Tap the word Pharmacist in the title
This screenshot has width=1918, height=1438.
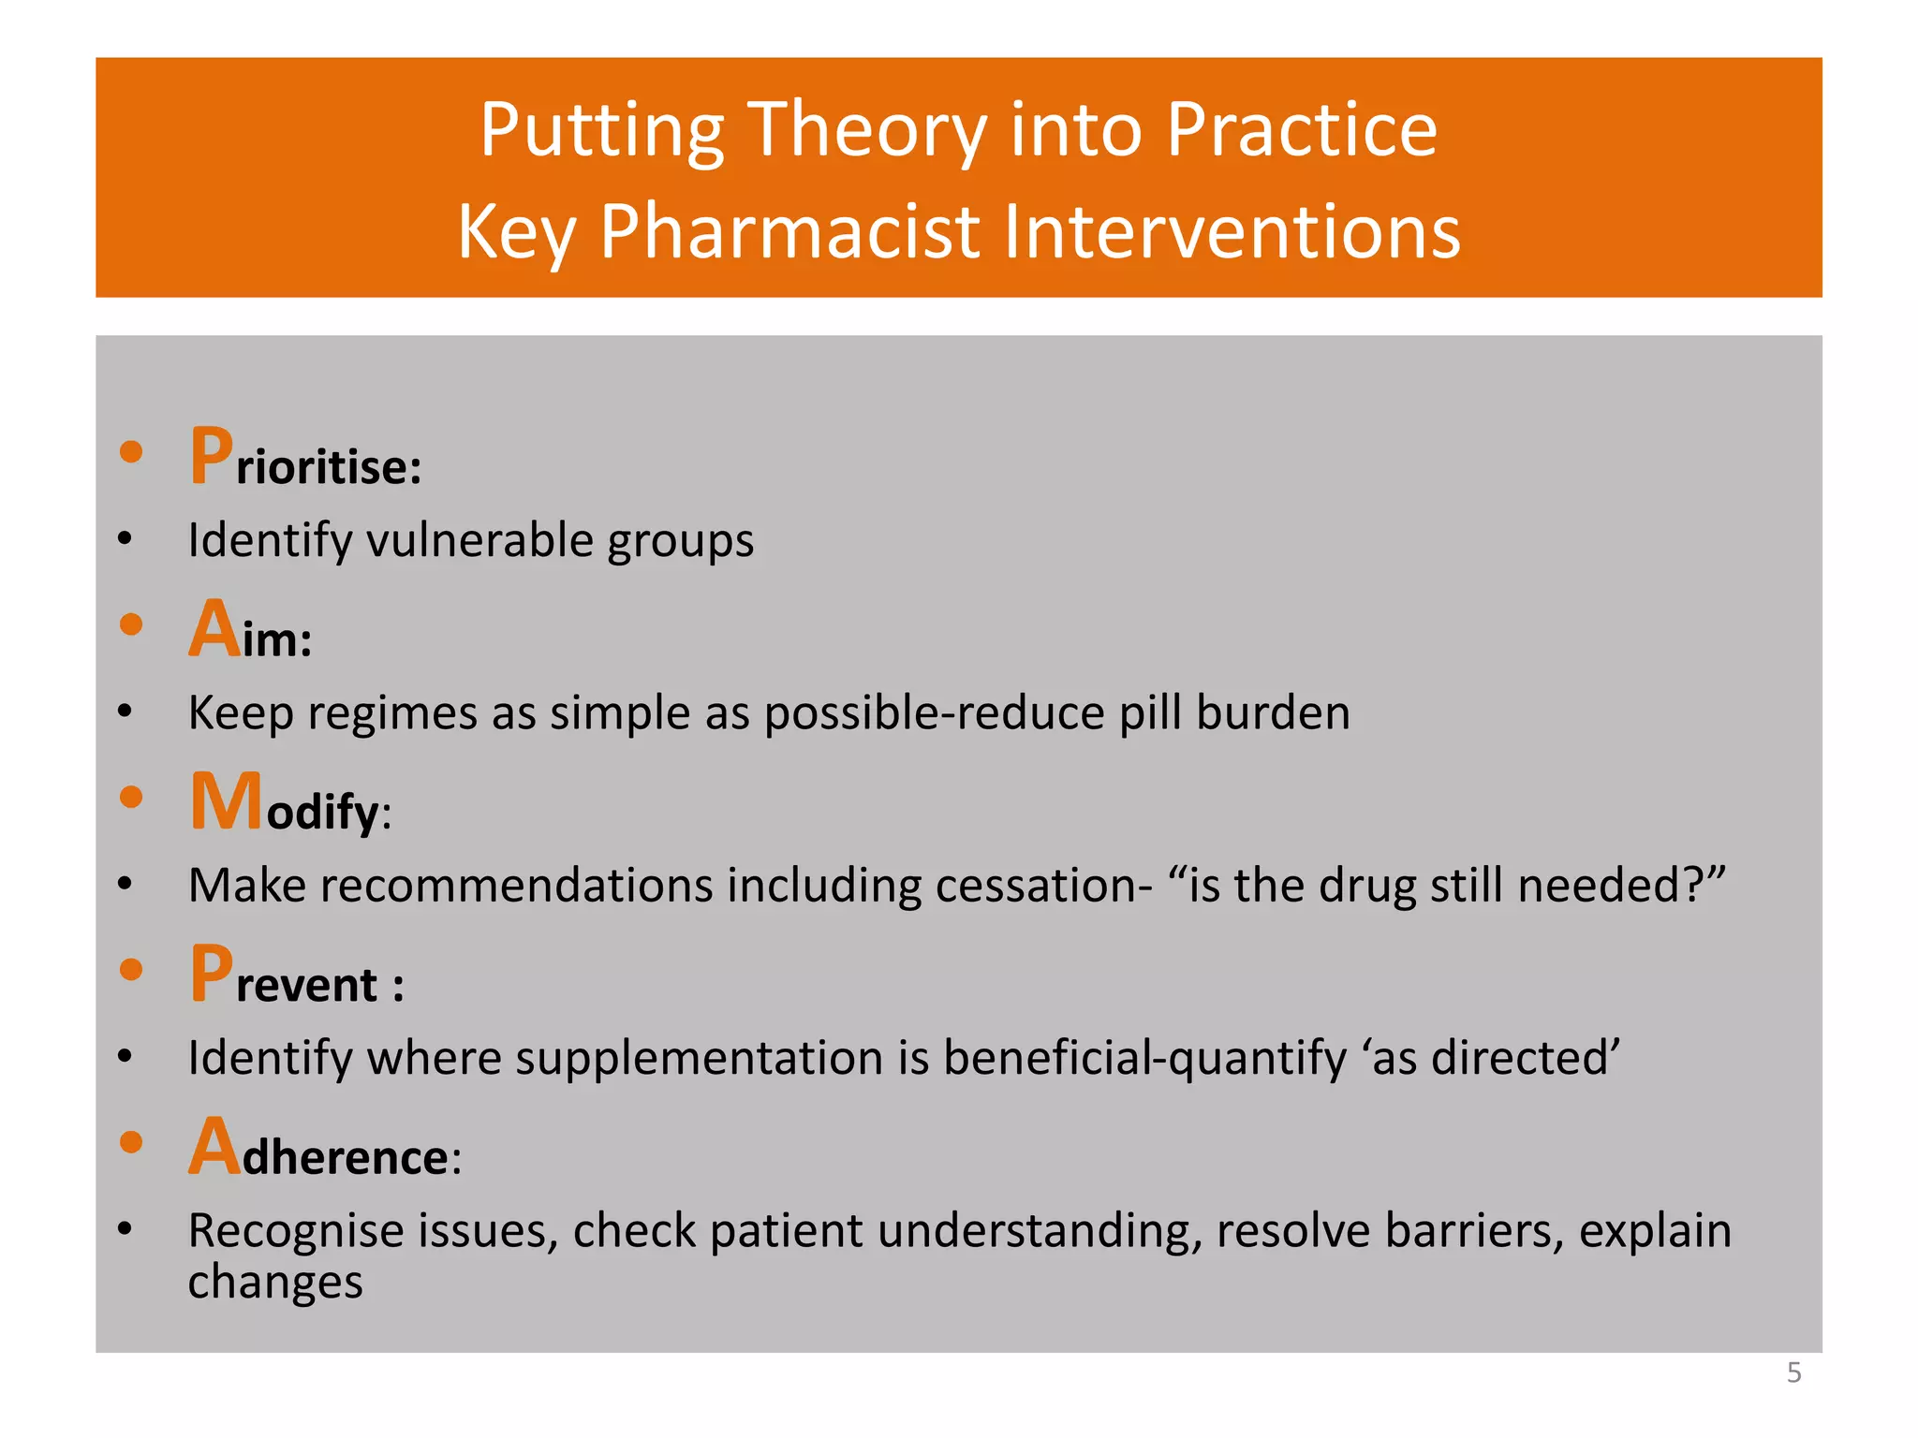789,232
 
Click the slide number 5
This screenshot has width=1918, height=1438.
1793,1372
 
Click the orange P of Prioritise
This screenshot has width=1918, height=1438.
212,457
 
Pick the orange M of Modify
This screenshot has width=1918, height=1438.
226,801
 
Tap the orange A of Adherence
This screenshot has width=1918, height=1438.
214,1147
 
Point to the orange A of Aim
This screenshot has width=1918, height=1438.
214,629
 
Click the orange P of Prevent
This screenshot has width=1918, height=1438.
212,975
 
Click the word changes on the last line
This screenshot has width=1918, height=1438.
274,1283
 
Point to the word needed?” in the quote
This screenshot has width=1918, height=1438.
1621,886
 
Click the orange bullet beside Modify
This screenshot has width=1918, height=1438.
131,798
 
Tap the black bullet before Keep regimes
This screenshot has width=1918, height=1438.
125,712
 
